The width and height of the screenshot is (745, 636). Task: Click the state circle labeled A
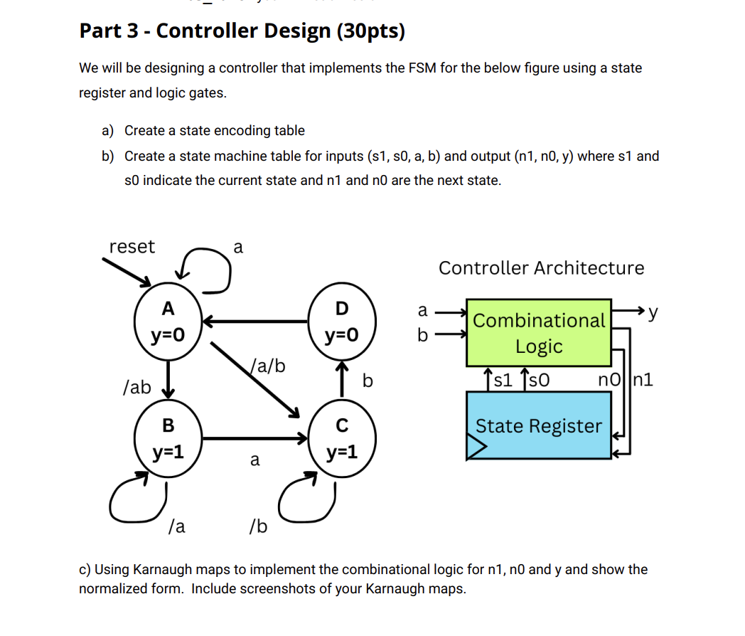point(168,322)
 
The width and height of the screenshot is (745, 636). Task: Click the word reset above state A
point(132,247)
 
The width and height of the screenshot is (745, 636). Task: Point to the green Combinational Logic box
point(538,332)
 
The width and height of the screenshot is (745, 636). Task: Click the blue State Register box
point(538,425)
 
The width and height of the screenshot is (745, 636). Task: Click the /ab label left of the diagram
point(137,387)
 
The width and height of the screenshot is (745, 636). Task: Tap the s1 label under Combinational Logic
point(503,379)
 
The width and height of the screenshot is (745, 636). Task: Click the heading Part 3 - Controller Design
point(242,31)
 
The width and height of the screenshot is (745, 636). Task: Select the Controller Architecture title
point(541,268)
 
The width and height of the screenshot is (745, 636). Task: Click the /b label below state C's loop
point(258,526)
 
